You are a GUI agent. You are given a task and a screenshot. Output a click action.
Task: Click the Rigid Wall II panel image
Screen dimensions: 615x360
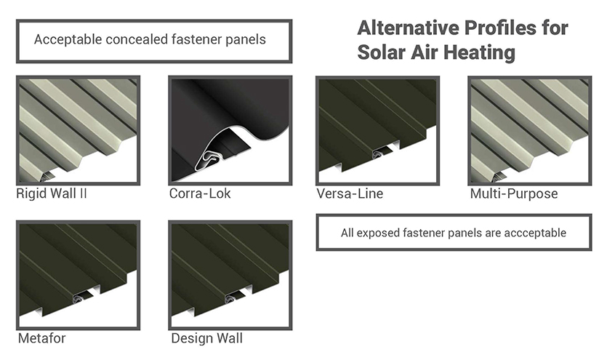point(78,130)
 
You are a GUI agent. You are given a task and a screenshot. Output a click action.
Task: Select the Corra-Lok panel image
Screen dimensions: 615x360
point(230,130)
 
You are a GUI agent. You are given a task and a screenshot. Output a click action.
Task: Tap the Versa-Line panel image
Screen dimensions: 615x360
point(378,130)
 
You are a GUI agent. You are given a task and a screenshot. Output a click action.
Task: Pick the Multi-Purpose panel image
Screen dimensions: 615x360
point(530,130)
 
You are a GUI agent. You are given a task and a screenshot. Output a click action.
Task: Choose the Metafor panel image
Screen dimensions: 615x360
point(78,275)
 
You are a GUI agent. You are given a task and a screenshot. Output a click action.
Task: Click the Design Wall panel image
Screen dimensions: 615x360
point(230,275)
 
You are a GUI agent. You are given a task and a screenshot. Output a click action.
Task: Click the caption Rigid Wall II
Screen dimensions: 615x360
point(52,194)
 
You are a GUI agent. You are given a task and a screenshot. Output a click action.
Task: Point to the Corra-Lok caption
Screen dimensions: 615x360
point(200,193)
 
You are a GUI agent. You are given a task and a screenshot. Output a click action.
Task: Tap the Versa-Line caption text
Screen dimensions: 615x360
point(350,193)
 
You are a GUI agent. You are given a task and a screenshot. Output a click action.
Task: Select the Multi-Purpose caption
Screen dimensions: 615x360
point(514,194)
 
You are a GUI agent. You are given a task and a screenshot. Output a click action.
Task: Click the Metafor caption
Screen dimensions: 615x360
point(42,338)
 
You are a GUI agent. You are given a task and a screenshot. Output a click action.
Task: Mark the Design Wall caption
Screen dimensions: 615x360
point(207,338)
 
